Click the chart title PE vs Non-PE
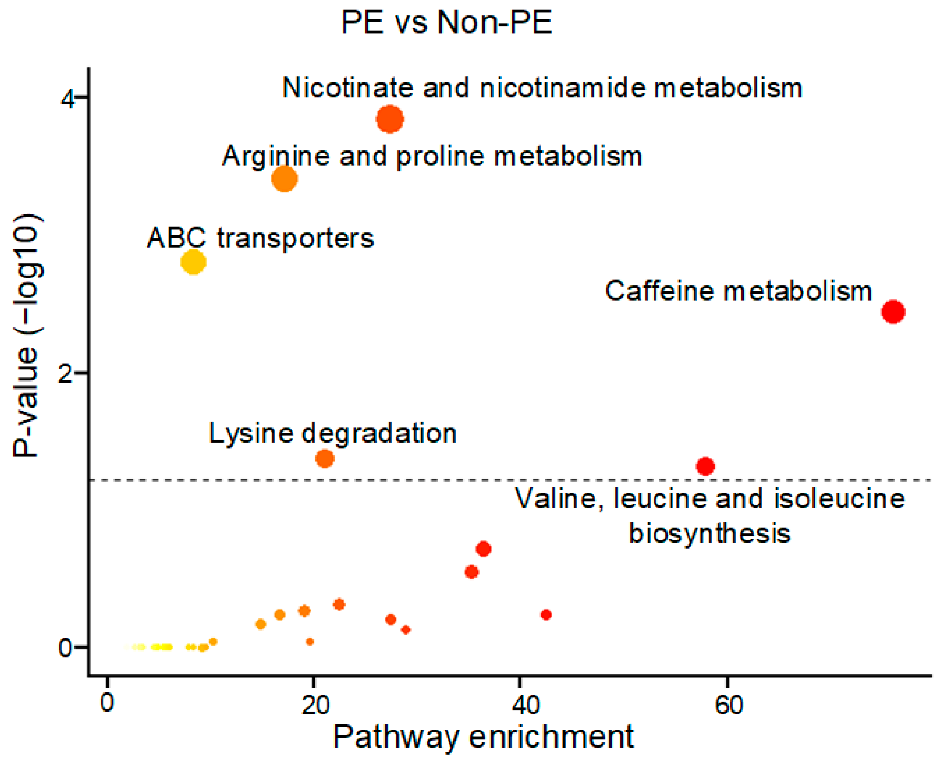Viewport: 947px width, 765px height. (x=447, y=22)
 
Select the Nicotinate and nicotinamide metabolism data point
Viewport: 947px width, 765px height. (x=390, y=119)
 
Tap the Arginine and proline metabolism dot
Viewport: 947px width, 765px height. (x=284, y=179)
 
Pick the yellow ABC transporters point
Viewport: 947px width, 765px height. (x=193, y=262)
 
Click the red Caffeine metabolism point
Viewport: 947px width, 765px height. (x=893, y=312)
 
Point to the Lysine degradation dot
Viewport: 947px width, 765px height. (x=325, y=458)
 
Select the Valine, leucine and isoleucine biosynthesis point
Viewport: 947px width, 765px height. (x=705, y=467)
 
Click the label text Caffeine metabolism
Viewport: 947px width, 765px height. (x=738, y=292)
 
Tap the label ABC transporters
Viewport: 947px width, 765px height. (x=260, y=238)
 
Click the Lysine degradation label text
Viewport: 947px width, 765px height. (x=333, y=433)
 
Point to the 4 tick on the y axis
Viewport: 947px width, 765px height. (x=68, y=99)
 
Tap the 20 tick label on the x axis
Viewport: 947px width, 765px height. (x=315, y=705)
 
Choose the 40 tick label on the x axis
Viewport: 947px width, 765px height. (x=526, y=705)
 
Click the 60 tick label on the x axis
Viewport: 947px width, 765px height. (x=729, y=705)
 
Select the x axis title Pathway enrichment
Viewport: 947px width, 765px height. (x=483, y=737)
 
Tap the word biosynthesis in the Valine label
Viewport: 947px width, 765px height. (x=709, y=533)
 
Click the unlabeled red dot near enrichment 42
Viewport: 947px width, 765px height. (x=546, y=615)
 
